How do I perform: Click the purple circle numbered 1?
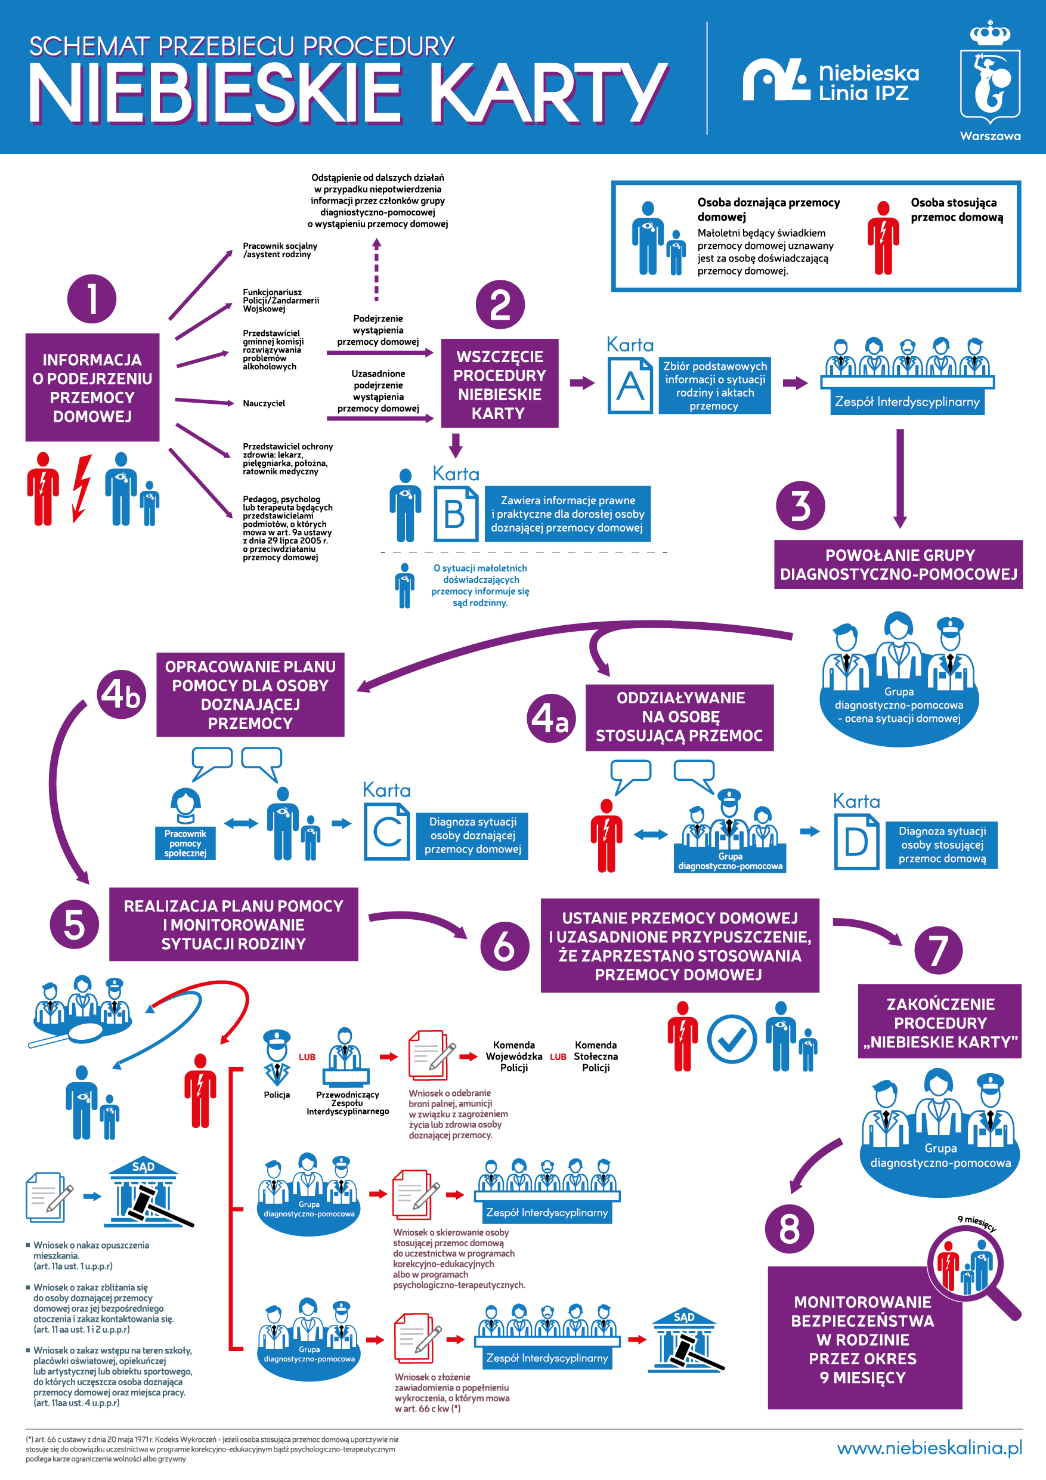tap(91, 298)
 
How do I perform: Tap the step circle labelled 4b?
tap(121, 695)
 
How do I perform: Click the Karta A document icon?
tap(630, 385)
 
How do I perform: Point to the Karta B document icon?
tap(455, 514)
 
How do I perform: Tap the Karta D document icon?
tap(856, 841)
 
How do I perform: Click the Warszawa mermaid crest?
tap(990, 81)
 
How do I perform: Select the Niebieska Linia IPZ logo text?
tap(868, 82)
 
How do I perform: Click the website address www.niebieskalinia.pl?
tap(929, 1448)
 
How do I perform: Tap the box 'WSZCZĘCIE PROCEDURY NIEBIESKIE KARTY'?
tap(500, 384)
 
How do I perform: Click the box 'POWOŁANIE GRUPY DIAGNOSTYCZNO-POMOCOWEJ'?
tap(899, 564)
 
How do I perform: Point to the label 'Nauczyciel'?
tap(264, 403)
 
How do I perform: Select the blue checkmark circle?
tap(732, 1039)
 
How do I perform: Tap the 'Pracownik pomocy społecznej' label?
tap(185, 843)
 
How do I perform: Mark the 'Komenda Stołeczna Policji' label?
tap(596, 1056)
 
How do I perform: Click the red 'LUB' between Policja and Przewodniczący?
tap(307, 1057)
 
